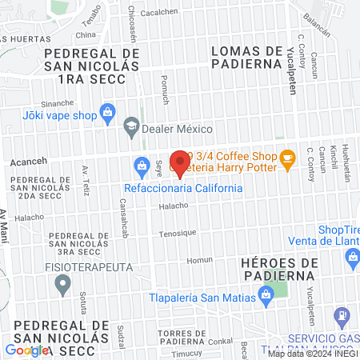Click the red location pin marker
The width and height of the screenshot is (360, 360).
(x=180, y=163)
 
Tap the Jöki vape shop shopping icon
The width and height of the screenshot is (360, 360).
(x=107, y=114)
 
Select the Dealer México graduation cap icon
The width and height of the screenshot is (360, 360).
(x=130, y=127)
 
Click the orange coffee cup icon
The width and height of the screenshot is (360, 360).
(x=287, y=161)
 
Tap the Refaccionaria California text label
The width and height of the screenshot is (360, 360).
(x=182, y=188)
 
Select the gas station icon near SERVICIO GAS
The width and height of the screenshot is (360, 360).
(x=342, y=317)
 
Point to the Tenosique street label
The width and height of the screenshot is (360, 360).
(x=177, y=233)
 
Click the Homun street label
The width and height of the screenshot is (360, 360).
(x=199, y=260)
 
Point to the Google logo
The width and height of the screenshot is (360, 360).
(x=27, y=350)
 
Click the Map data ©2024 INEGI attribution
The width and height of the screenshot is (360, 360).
(x=312, y=353)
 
